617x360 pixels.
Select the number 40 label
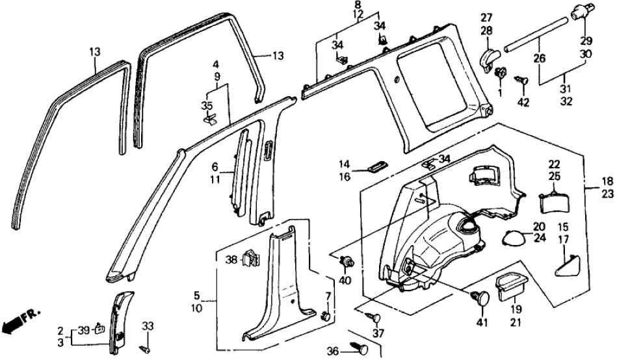[x=344, y=281]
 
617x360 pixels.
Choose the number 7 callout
[x=328, y=296]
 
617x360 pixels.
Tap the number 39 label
[x=83, y=330]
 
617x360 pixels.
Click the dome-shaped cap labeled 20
[x=514, y=238]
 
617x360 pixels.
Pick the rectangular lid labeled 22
[x=555, y=200]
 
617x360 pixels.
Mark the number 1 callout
[x=500, y=94]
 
